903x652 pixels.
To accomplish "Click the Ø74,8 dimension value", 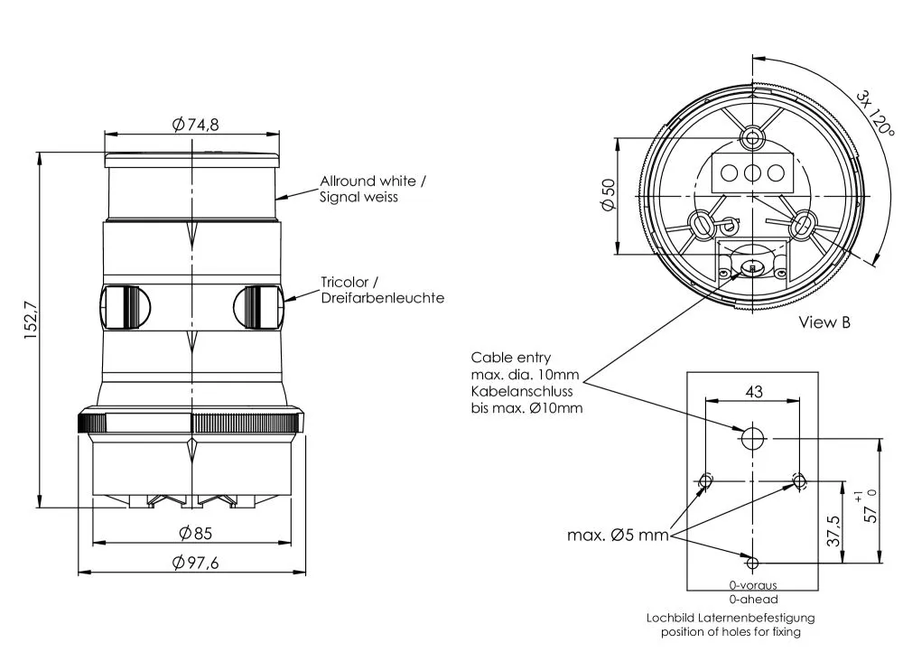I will [196, 125].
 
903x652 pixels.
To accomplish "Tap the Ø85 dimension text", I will [195, 533].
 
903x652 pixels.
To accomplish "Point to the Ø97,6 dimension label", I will [196, 563].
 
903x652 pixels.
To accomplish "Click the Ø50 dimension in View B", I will [608, 195].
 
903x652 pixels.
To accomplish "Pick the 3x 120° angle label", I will [875, 112].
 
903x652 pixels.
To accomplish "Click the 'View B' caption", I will [824, 321].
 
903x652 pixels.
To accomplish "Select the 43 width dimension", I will [752, 392].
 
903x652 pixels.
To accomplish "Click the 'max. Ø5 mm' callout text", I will [618, 536].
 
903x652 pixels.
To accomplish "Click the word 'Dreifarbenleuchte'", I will [382, 298].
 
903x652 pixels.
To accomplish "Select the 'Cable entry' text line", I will [510, 358].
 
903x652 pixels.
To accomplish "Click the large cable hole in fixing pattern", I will [752, 439].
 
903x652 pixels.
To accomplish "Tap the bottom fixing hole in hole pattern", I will [752, 563].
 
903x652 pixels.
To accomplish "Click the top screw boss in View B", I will [753, 137].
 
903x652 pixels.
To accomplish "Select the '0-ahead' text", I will [752, 599].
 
